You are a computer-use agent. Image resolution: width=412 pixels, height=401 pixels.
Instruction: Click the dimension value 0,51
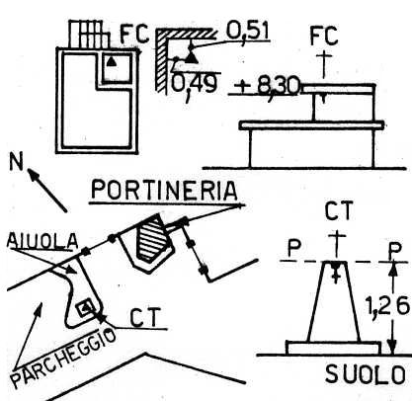[x=247, y=32]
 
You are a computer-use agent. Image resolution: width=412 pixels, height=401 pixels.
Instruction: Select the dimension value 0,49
[x=195, y=85]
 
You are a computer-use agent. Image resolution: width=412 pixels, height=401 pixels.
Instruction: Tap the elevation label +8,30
[x=267, y=87]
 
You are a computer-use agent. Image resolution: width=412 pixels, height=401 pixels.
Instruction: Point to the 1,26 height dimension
[x=388, y=307]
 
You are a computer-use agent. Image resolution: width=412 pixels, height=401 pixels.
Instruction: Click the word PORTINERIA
[x=164, y=191]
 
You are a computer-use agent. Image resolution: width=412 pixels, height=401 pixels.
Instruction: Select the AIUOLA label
[x=42, y=240]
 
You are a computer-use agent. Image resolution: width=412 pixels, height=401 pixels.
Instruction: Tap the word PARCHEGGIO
[x=63, y=358]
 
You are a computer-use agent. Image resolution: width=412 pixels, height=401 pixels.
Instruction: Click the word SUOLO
[x=366, y=374]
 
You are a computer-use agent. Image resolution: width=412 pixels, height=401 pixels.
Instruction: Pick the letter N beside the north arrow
[x=17, y=161]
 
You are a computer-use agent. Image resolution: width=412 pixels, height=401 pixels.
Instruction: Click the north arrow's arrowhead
[x=32, y=174]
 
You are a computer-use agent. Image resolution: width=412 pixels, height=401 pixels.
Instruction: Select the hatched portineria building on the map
[x=151, y=236]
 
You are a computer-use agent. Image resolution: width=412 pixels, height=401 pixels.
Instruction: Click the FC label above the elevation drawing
[x=324, y=36]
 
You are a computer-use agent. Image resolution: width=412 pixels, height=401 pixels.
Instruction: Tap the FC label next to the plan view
[x=134, y=34]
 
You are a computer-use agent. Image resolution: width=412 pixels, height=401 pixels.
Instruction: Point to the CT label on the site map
[x=145, y=317]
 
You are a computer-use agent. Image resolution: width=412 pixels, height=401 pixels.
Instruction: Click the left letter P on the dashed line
[x=293, y=249]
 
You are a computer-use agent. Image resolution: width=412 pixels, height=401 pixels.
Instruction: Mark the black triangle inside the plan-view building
[x=112, y=61]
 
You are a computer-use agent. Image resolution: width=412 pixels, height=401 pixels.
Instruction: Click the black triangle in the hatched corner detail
[x=191, y=58]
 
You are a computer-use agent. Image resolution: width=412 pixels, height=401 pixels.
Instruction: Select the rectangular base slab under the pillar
[x=333, y=348]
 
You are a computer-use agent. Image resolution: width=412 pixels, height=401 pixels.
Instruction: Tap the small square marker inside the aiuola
[x=84, y=308]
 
